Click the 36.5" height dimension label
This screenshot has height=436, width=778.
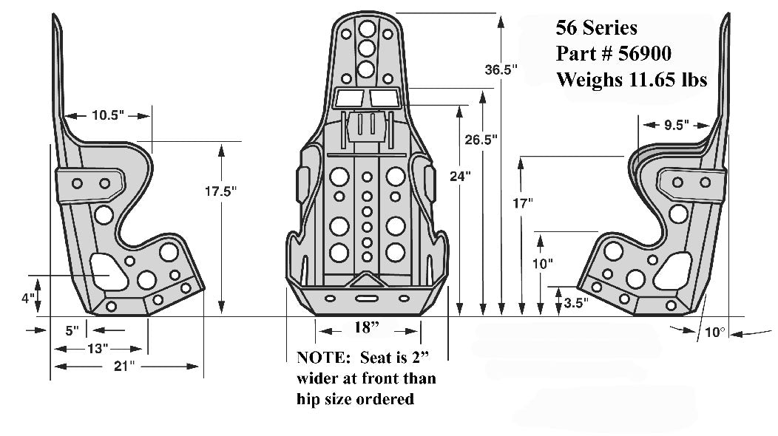(x=501, y=70)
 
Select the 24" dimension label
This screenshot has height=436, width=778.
(x=461, y=176)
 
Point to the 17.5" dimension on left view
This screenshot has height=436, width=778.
(x=220, y=191)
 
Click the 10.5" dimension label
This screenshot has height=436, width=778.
(x=108, y=115)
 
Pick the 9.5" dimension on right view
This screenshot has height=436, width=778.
(x=676, y=125)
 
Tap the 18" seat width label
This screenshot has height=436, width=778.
(x=368, y=327)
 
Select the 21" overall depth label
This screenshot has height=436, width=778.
(x=124, y=366)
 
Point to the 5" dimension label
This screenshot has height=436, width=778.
(x=71, y=330)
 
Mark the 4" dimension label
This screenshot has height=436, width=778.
(x=27, y=299)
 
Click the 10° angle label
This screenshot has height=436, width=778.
(x=714, y=333)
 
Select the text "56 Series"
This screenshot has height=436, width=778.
(x=596, y=28)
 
